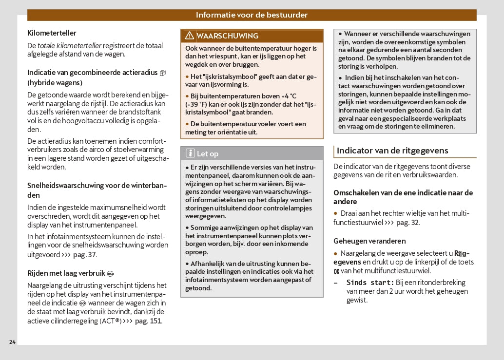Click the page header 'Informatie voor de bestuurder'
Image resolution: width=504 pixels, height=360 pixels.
point(252,15)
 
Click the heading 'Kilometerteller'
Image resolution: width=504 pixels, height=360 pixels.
point(52,33)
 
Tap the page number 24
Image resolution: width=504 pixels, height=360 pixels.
point(12,341)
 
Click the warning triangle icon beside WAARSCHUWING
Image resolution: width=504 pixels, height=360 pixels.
point(189,36)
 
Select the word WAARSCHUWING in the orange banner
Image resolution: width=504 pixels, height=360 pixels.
point(227,36)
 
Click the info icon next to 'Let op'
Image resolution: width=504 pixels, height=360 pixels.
point(190,153)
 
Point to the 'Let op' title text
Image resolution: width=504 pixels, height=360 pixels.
point(208,154)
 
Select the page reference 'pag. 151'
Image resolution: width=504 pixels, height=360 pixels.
point(148,321)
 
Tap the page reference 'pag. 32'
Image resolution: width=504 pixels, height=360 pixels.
point(407,223)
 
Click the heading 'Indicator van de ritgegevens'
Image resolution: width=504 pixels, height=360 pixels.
point(392,151)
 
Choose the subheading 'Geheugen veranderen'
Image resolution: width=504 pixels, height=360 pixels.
point(369,241)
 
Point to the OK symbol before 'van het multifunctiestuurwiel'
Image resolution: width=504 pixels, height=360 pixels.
point(336,271)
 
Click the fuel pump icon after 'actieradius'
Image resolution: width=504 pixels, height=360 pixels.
point(163,73)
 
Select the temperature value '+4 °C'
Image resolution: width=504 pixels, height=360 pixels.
point(285,96)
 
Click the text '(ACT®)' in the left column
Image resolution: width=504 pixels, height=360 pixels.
point(110,321)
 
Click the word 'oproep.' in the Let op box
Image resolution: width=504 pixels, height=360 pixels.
point(197,252)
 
